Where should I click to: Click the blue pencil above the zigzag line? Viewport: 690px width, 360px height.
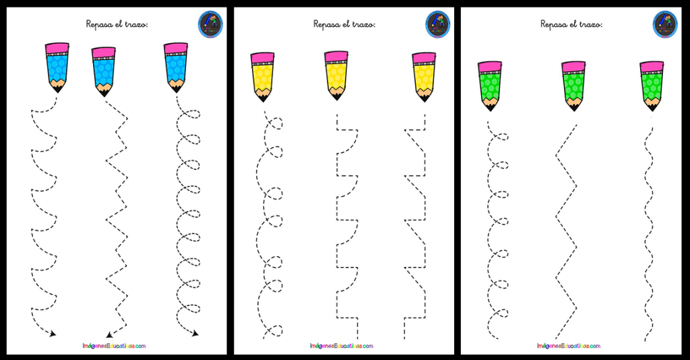point(104,72)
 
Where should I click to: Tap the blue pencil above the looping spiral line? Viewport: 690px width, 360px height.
point(176,67)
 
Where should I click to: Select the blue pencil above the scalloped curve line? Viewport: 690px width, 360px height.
point(57,67)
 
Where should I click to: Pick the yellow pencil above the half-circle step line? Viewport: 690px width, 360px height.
point(336,76)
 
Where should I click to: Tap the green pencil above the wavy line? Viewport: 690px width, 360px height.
point(652,86)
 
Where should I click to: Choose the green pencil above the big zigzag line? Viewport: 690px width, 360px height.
point(574,86)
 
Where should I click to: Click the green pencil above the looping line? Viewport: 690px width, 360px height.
point(491,86)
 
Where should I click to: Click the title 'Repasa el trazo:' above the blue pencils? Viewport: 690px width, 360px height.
point(117,24)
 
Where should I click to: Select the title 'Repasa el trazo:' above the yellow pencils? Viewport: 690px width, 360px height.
point(344,24)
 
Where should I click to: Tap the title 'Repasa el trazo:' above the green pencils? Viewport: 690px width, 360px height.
point(571,24)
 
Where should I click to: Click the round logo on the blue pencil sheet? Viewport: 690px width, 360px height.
point(210,25)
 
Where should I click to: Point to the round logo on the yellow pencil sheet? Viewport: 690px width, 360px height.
point(438,25)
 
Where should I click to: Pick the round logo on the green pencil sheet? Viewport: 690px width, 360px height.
point(665,25)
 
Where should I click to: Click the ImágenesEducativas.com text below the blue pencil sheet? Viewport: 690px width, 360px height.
point(114,346)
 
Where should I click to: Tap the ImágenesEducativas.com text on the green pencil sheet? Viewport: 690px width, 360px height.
point(569,346)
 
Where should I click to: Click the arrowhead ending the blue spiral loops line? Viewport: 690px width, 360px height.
point(195,334)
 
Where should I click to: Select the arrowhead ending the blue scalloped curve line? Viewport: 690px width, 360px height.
point(53,334)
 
